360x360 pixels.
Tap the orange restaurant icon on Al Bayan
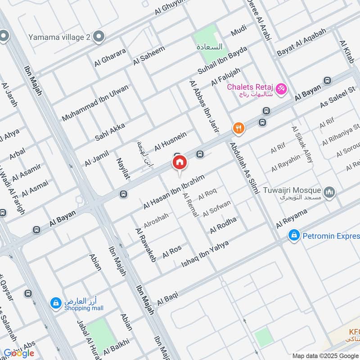click(x=238, y=129)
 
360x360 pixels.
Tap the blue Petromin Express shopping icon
click(x=294, y=235)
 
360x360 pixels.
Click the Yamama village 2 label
click(x=58, y=37)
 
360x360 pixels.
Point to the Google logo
click(x=19, y=353)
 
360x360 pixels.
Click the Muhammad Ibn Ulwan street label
click(x=95, y=102)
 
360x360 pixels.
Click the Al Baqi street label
click(x=167, y=298)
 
